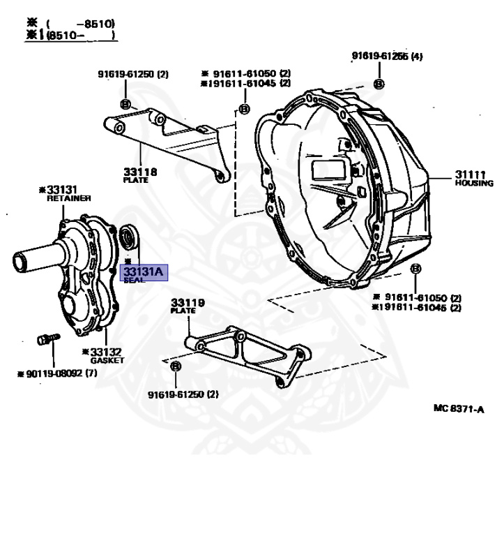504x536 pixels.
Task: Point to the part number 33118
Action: point(139,172)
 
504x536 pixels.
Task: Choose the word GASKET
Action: point(107,360)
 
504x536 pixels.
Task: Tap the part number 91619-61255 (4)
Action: point(386,57)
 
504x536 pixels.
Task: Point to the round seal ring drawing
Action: point(129,239)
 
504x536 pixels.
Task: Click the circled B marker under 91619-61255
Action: point(379,84)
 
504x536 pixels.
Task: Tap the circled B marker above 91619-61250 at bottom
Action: point(175,366)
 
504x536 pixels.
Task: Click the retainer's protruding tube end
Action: point(19,262)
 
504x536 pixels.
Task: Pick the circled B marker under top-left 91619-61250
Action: point(125,104)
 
